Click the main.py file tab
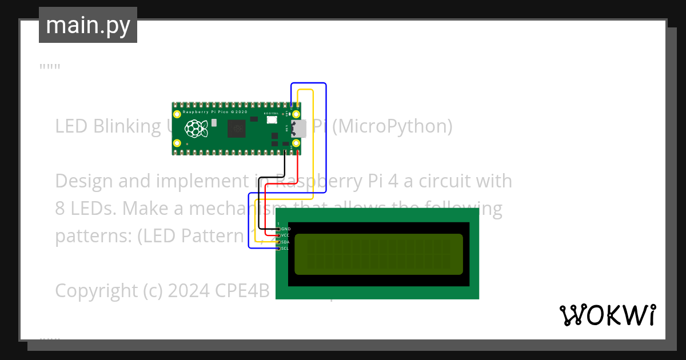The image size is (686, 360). (x=88, y=25)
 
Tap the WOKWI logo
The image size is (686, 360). (x=607, y=315)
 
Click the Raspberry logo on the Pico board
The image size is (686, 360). (x=195, y=129)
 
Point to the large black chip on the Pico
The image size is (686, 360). (x=235, y=129)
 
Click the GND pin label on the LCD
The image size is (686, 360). (x=286, y=229)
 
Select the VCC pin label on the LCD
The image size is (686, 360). (x=285, y=235)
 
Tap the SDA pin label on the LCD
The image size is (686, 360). (x=285, y=242)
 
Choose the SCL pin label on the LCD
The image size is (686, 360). (x=285, y=248)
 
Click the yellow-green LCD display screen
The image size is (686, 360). (x=378, y=254)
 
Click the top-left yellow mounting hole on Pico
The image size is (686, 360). (x=177, y=114)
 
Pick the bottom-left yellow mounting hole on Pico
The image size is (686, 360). (x=177, y=143)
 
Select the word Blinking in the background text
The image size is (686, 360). (x=127, y=126)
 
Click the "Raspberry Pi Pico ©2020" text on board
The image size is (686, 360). (x=215, y=112)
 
